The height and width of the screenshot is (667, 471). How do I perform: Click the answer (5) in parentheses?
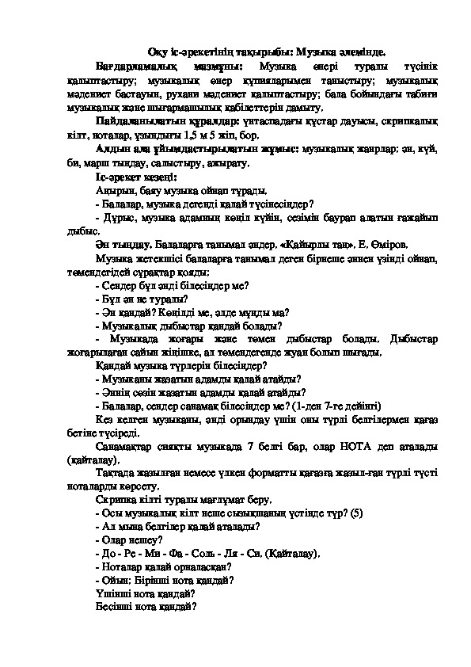coord(355,514)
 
